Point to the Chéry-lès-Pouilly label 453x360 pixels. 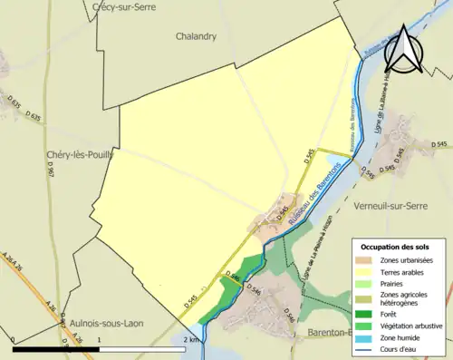click(80, 155)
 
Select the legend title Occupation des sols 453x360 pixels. click(396, 247)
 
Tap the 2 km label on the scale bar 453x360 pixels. click(190, 339)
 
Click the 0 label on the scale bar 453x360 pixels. click(14, 339)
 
